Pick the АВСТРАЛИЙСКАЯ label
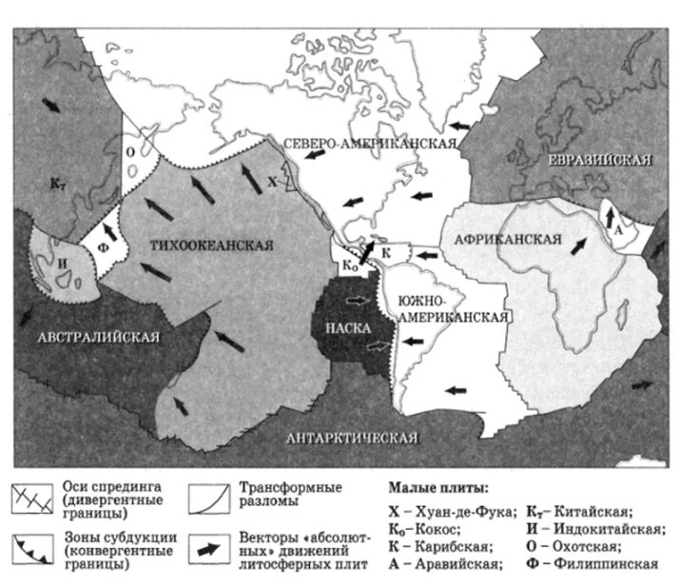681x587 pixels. coord(100,337)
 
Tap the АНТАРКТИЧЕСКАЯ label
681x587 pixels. coord(352,438)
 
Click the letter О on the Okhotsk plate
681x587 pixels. coord(130,149)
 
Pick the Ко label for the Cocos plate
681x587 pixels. coord(349,265)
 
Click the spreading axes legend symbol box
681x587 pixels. coord(32,497)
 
